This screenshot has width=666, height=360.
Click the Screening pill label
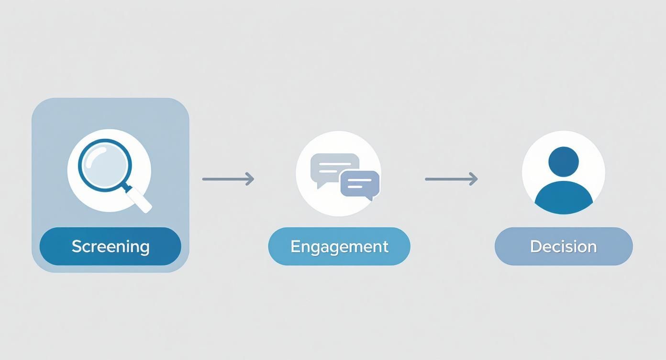coord(111,247)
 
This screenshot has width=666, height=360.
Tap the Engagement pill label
coord(339,247)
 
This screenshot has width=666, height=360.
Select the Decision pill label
coord(564,247)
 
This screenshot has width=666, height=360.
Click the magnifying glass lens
coord(105,166)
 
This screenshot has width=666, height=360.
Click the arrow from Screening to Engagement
coord(228,179)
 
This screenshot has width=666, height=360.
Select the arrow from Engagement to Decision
coord(451,179)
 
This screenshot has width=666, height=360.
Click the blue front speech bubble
coord(360,183)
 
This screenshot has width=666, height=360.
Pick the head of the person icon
coord(564,161)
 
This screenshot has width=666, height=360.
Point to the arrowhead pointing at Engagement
coord(250,179)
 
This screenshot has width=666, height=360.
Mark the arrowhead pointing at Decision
coord(474,179)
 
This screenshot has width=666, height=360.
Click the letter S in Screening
coord(76,247)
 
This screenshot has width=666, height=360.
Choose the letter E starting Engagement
coord(295,247)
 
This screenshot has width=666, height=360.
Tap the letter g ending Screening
coord(144,248)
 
